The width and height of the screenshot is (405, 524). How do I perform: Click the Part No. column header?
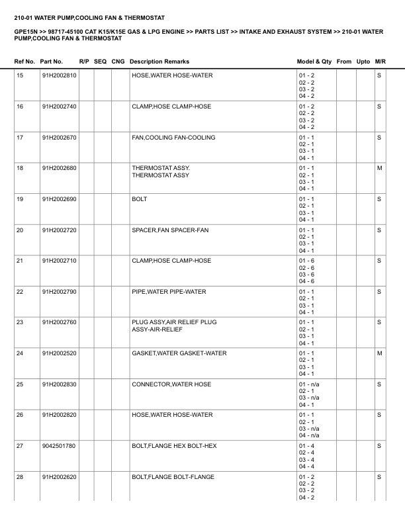click(52, 62)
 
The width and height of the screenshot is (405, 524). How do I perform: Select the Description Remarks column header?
click(159, 62)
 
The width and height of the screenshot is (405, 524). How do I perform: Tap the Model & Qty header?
click(314, 62)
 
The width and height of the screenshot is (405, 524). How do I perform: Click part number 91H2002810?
click(59, 75)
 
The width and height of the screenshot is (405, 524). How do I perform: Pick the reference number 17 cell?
click(20, 138)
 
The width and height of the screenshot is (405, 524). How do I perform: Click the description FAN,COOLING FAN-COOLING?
click(173, 138)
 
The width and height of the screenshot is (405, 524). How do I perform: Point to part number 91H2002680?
click(59, 168)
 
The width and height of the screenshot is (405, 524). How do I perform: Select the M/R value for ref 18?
click(379, 168)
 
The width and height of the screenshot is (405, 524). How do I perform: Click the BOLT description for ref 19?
click(140, 199)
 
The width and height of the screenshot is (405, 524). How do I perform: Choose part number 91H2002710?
click(59, 261)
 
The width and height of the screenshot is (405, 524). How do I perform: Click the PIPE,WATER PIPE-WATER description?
click(169, 292)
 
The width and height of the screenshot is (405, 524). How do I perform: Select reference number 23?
click(20, 322)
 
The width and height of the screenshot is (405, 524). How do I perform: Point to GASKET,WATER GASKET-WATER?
click(179, 353)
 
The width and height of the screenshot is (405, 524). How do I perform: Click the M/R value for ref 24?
click(379, 353)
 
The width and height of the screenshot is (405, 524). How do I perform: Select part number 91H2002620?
click(59, 477)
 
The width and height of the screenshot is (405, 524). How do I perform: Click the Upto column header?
click(363, 62)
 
